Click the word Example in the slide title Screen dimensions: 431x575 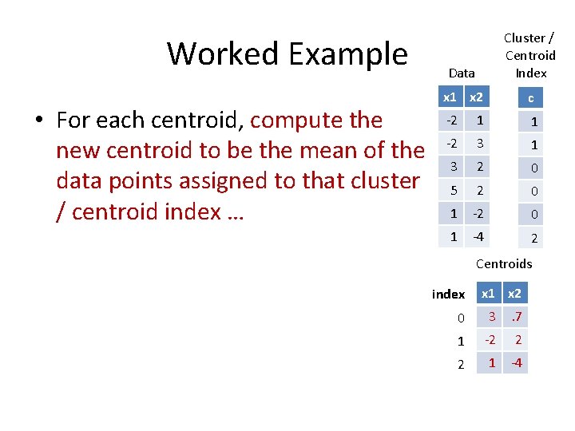348,54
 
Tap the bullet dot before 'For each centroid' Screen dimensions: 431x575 38,121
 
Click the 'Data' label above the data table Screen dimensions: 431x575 462,73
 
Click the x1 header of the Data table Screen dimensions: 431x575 450,97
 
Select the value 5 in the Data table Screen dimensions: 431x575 453,191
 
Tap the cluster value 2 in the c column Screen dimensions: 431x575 534,238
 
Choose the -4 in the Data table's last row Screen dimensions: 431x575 478,236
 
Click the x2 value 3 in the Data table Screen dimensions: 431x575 478,144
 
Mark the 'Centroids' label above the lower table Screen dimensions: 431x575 503,264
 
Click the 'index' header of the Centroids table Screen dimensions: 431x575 448,295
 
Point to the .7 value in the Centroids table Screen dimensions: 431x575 517,317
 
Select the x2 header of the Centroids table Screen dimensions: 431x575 516,294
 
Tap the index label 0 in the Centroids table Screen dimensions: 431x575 460,318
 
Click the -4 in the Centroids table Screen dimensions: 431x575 517,363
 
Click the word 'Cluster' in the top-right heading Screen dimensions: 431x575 525,38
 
